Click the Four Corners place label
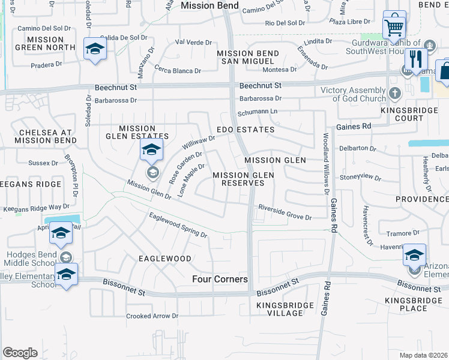pos(220,279)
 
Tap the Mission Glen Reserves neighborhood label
pos(244,179)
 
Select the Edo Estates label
pos(246,130)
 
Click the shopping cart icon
pos(394,26)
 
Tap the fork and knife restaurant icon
pos(415,59)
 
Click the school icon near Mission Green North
pos(95,50)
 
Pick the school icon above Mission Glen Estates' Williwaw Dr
pos(152,151)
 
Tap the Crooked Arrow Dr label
pos(152,316)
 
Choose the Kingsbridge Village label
pos(285,309)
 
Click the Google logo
pos(20,353)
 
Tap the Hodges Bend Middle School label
pos(31,259)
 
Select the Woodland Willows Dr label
pos(327,161)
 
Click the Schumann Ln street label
pos(259,112)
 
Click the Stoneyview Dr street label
pos(361,178)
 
